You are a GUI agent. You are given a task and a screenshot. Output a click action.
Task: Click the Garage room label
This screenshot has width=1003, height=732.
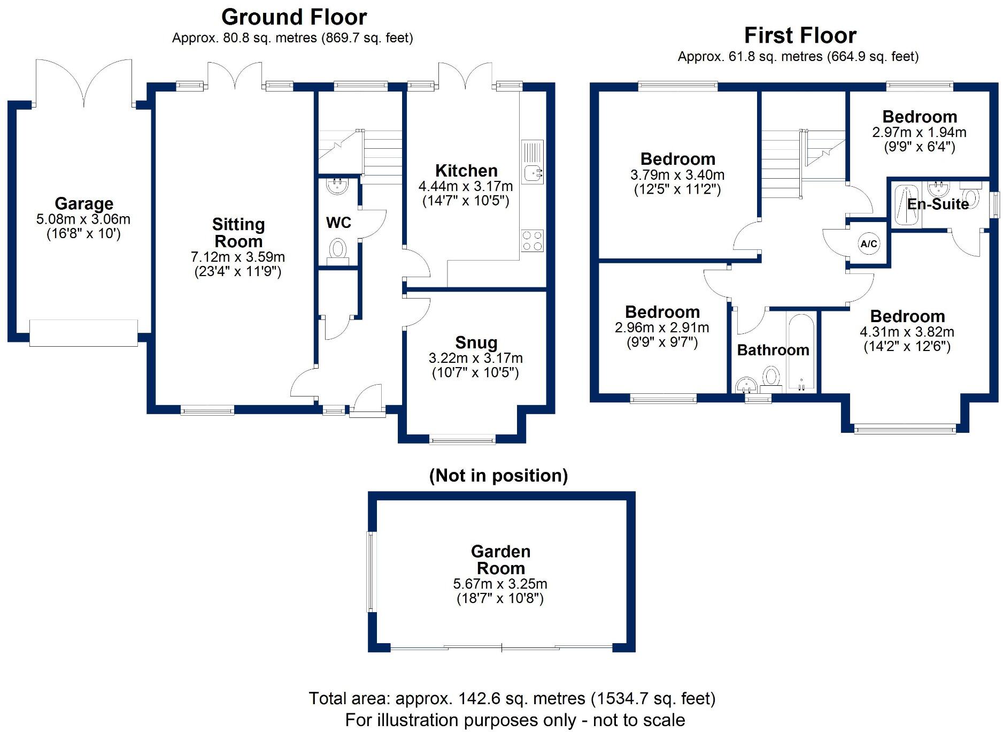tap(84, 204)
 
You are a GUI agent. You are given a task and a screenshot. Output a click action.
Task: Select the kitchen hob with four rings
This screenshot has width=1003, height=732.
tap(532, 240)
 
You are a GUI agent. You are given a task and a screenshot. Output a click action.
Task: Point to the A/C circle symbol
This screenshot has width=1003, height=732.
tap(868, 244)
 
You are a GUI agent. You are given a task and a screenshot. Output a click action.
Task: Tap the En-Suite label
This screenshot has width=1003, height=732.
tap(938, 204)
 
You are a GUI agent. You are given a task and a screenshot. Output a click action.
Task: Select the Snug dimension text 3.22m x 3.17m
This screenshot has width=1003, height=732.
tap(475, 358)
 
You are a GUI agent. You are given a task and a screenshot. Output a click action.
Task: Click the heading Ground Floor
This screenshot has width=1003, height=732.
tap(294, 17)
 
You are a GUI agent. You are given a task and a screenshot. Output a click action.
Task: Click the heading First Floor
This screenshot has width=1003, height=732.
tap(800, 36)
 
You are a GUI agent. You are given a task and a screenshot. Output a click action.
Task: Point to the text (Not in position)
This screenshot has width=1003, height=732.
tap(498, 475)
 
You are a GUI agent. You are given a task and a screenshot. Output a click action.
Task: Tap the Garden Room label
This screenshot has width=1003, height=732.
tap(500, 560)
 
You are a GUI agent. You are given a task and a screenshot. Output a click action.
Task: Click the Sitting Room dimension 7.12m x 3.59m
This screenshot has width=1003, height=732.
tap(237, 257)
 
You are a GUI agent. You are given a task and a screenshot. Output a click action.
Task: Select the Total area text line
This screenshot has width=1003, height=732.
tap(512, 698)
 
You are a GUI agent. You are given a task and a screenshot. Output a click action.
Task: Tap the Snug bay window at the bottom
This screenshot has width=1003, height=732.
tap(462, 440)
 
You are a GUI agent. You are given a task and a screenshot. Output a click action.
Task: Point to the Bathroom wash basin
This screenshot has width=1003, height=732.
tap(746, 385)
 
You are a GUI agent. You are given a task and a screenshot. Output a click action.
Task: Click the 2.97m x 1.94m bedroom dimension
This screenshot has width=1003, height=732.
tap(919, 132)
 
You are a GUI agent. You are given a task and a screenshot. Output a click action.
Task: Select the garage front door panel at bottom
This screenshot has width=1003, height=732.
tap(83, 333)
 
